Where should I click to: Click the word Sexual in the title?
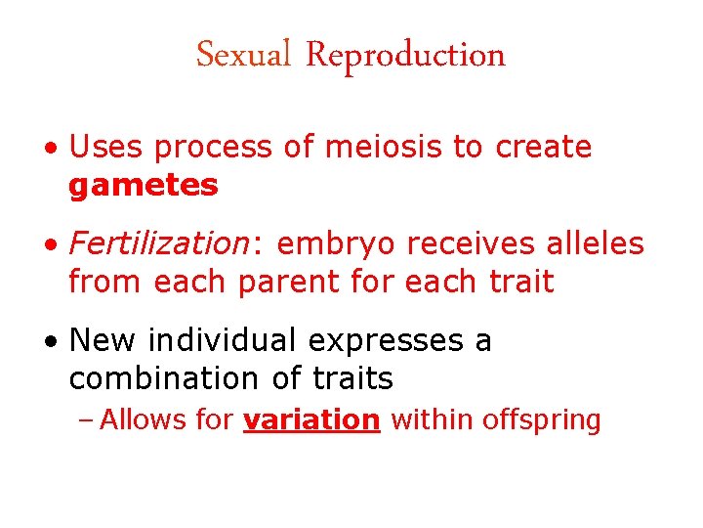pyautogui.click(x=244, y=55)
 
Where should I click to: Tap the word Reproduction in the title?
pyautogui.click(x=405, y=56)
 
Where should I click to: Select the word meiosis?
pyautogui.click(x=389, y=148)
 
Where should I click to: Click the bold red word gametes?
pyautogui.click(x=144, y=185)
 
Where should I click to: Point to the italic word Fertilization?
pyautogui.click(x=158, y=244)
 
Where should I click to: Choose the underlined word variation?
pyautogui.click(x=311, y=420)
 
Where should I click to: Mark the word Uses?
pyautogui.click(x=108, y=148)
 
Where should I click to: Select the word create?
pyautogui.click(x=544, y=148)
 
